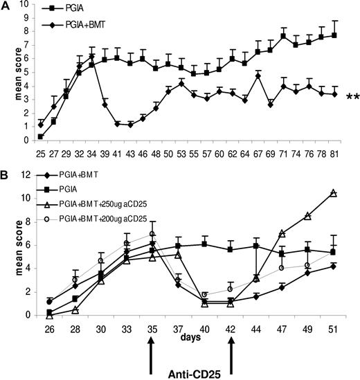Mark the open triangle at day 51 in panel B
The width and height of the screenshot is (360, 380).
(x=334, y=193)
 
